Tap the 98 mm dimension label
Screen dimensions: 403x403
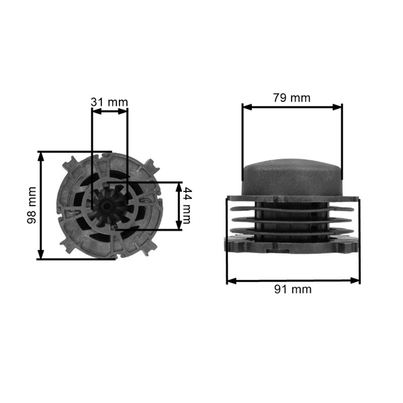[31, 205]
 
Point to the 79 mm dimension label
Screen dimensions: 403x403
[292, 97]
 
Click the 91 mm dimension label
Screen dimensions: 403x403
[293, 289]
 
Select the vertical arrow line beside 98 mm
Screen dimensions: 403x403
[42, 205]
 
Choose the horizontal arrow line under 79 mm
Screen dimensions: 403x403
[292, 106]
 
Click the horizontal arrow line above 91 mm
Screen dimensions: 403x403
[294, 279]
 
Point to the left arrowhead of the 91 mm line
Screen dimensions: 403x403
[230, 279]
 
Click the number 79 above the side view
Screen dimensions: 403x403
[282, 97]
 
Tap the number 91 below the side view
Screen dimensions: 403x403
[283, 289]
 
